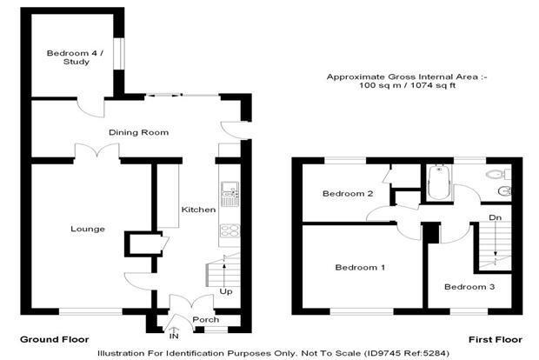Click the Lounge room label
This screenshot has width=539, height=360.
(88, 229)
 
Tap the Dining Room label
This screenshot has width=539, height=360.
(138, 132)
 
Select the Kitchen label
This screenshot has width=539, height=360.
(198, 210)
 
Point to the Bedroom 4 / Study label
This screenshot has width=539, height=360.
(76, 57)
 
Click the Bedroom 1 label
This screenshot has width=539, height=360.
(360, 267)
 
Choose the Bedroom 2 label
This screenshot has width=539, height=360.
(348, 194)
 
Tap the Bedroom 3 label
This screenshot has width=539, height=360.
(469, 287)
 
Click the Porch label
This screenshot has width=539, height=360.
(205, 319)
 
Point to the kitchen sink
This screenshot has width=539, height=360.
(230, 194)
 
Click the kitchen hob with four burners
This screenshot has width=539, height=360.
(230, 230)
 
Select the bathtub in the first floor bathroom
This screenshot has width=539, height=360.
(439, 183)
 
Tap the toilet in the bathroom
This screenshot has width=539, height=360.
(499, 174)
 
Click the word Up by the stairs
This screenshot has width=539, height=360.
(226, 291)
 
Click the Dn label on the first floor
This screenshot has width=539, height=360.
(495, 217)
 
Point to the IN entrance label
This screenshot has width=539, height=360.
(174, 336)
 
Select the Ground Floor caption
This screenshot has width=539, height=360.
(54, 340)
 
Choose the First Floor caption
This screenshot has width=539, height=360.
(496, 340)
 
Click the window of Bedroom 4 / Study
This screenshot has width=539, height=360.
(119, 53)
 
